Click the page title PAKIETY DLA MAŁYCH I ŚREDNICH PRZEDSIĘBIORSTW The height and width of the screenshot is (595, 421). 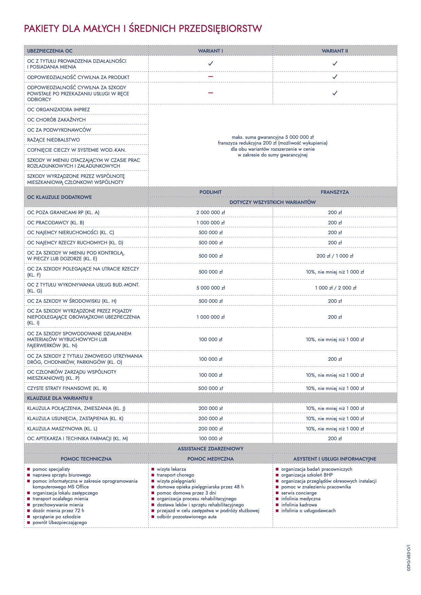pos(143,29)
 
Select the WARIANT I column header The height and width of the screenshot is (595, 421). pos(210,51)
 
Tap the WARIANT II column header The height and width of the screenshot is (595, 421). pos(335,51)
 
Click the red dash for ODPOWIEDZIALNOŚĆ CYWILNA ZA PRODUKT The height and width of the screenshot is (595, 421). pos(210,77)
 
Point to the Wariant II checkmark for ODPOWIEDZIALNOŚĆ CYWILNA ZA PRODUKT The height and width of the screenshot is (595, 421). pos(335,77)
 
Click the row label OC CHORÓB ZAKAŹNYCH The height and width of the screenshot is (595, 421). pos(56,120)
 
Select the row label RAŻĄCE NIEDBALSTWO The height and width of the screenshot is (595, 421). pos(54,140)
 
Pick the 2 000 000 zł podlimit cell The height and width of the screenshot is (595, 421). pos(210,212)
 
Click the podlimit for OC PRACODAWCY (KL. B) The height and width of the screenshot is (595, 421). pos(210,223)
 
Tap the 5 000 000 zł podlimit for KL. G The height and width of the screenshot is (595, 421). pos(210,288)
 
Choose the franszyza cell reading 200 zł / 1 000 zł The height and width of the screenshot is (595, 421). pos(335,256)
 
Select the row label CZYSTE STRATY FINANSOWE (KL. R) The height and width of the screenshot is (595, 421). pos(67,388)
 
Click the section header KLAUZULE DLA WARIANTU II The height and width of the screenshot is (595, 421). pos(60,398)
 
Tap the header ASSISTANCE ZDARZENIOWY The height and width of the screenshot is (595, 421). pos(210,449)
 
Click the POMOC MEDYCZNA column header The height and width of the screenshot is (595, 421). pos(210,459)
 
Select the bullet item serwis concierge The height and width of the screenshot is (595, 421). pos(299,493)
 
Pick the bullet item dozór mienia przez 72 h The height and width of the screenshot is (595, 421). pos(58,510)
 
